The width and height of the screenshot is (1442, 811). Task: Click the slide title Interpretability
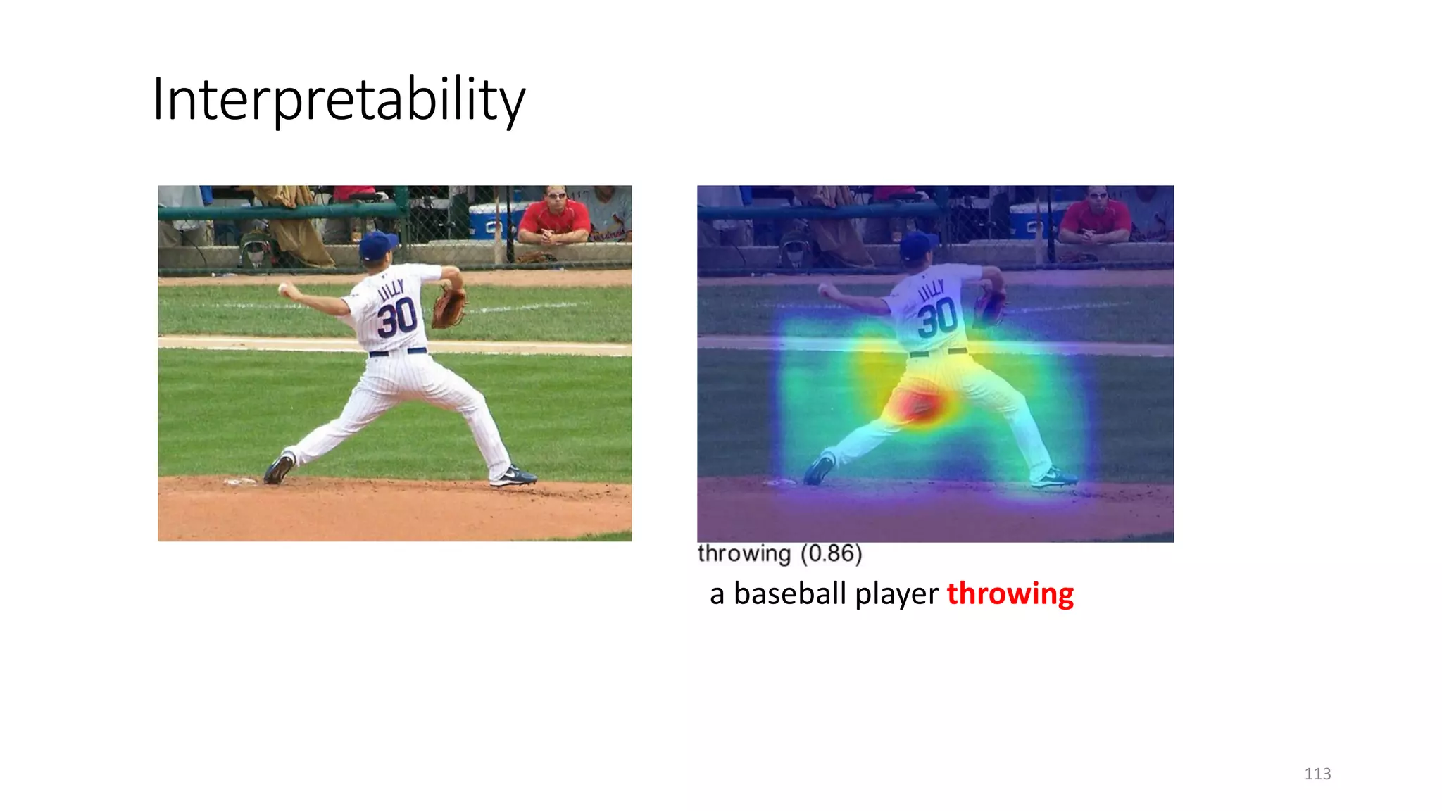pyautogui.click(x=338, y=100)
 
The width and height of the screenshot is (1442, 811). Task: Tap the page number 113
pyautogui.click(x=1317, y=774)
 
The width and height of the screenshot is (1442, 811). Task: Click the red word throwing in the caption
pyautogui.click(x=1010, y=593)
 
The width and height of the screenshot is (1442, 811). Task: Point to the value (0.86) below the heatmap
pyautogui.click(x=831, y=553)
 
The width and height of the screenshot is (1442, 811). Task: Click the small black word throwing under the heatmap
pyautogui.click(x=744, y=553)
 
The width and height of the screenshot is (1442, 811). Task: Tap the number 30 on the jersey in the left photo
pyautogui.click(x=396, y=318)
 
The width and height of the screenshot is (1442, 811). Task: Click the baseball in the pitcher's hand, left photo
pyautogui.click(x=283, y=289)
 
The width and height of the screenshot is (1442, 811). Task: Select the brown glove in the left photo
pyautogui.click(x=448, y=308)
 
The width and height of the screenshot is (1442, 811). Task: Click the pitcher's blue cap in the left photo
pyautogui.click(x=377, y=245)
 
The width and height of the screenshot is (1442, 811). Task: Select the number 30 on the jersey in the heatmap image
pyautogui.click(x=937, y=318)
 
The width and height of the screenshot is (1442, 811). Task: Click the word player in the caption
pyautogui.click(x=896, y=593)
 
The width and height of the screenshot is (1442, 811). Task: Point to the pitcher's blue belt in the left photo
pyautogui.click(x=398, y=351)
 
